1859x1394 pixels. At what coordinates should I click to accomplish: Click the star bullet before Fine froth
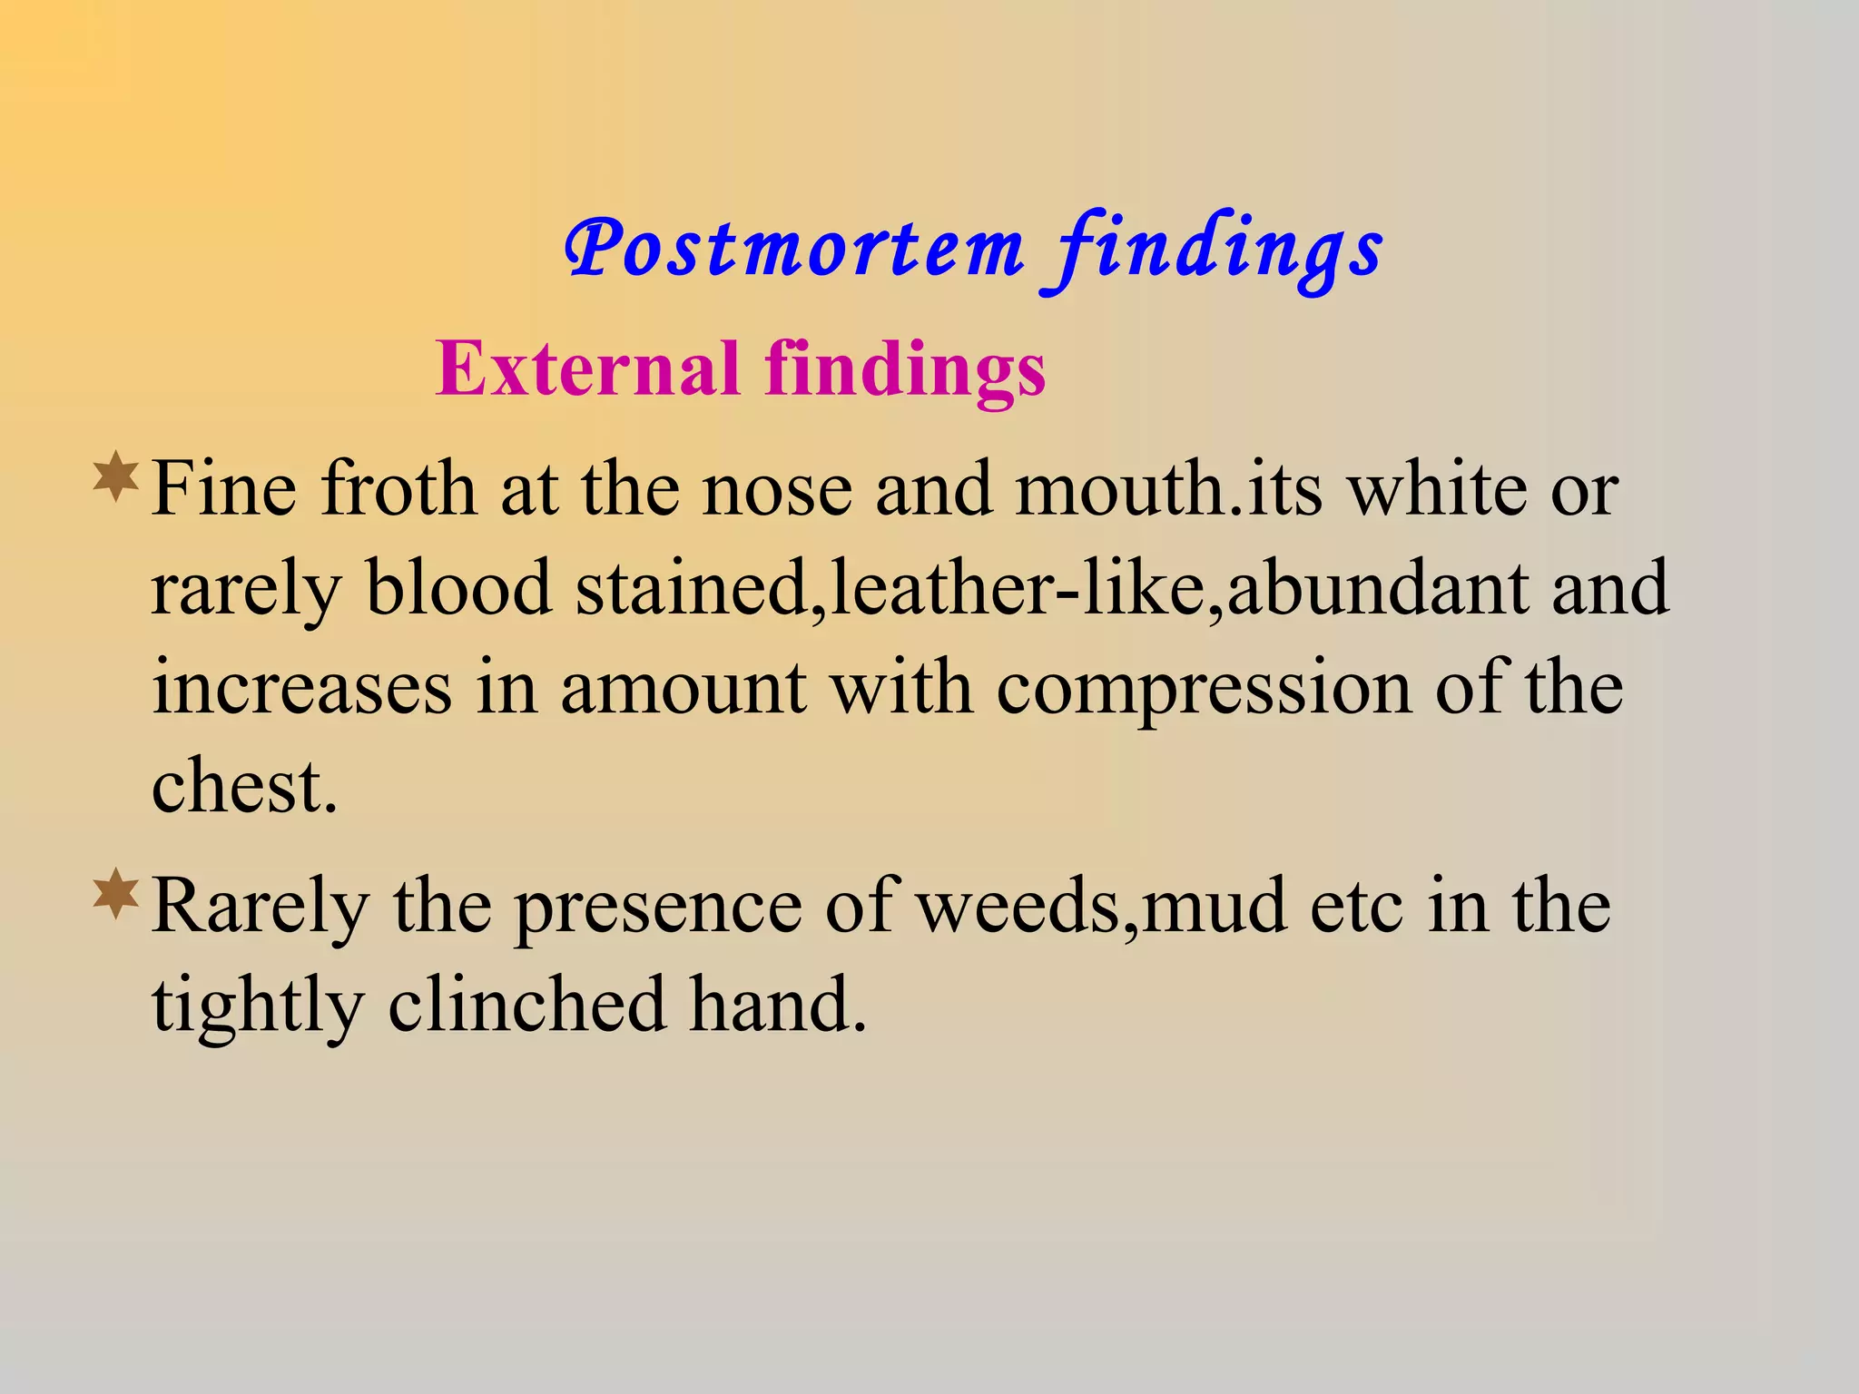(115, 478)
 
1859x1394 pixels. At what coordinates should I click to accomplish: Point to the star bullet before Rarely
(115, 894)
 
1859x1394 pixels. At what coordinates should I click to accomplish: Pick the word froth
(398, 489)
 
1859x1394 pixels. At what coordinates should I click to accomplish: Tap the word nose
(777, 491)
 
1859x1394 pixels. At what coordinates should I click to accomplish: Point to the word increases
(301, 687)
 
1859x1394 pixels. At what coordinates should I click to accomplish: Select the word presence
(658, 908)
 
